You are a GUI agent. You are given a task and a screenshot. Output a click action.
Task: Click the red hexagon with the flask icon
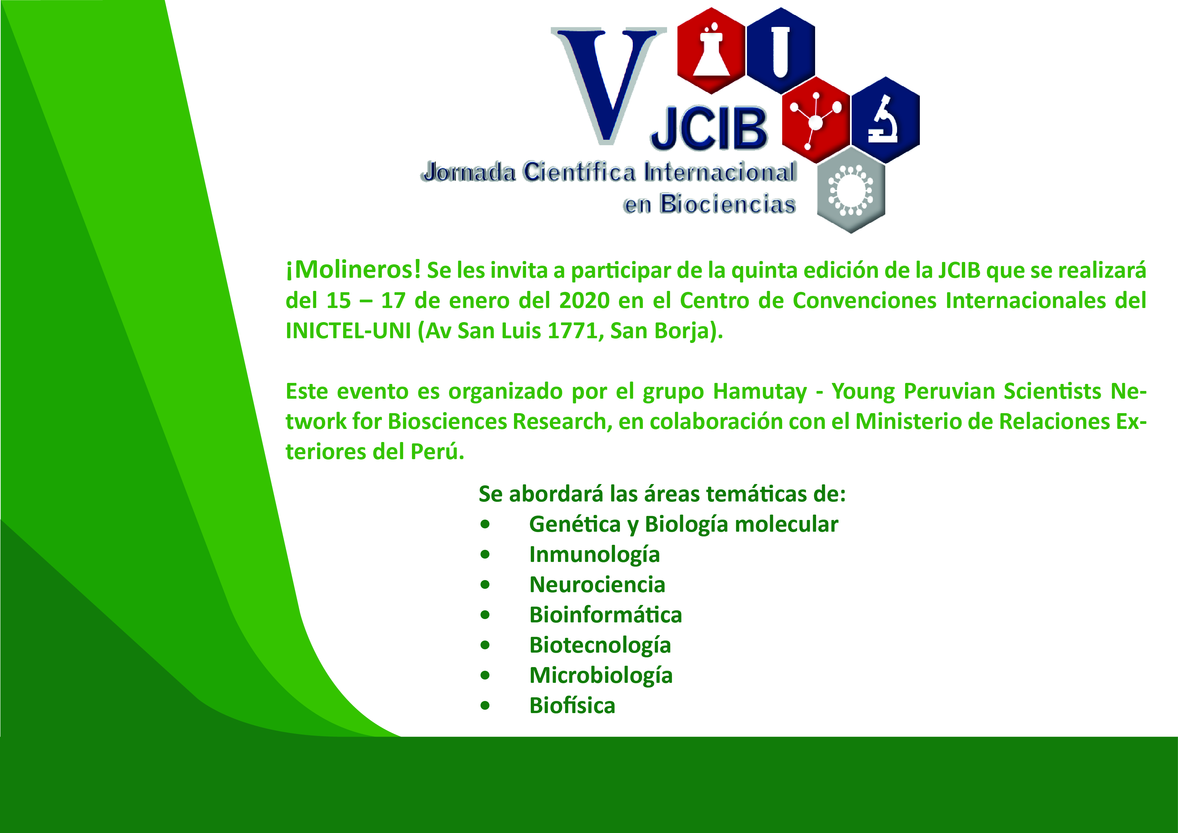(x=711, y=51)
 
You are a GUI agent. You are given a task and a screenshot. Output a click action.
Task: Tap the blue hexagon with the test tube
(x=781, y=51)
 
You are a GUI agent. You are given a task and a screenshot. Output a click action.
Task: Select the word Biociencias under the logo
(x=727, y=204)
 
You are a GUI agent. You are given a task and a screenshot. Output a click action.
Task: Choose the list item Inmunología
(x=594, y=555)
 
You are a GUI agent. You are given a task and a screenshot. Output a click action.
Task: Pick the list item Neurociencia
(x=597, y=584)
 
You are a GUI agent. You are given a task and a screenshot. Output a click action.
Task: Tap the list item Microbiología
(x=601, y=676)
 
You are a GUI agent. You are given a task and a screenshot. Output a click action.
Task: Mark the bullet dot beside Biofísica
(x=485, y=706)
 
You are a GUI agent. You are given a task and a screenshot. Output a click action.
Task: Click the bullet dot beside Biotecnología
(x=485, y=645)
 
